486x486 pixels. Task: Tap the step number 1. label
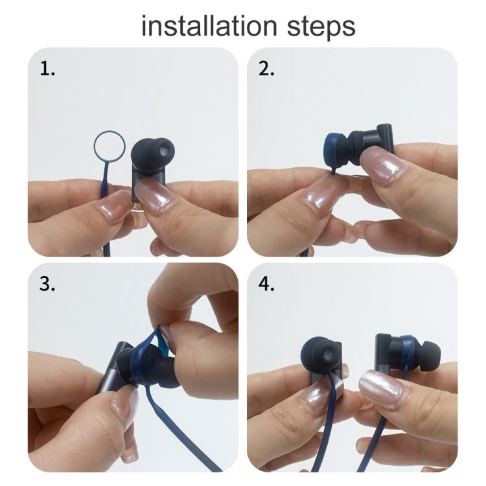tap(48, 69)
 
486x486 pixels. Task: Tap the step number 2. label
tap(266, 69)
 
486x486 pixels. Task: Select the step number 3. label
tap(48, 284)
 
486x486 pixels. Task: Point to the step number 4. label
tap(267, 284)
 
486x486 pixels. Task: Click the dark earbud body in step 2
tap(375, 139)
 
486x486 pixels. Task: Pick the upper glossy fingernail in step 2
tap(386, 165)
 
